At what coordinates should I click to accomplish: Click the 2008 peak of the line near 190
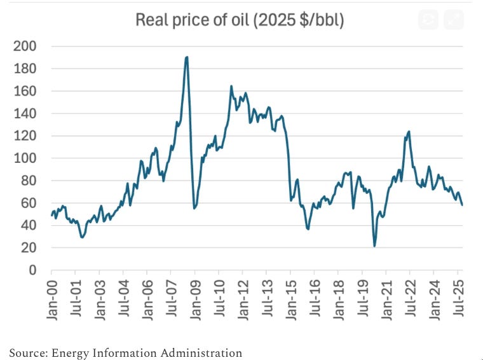(186, 57)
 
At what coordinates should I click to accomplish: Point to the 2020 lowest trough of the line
(375, 246)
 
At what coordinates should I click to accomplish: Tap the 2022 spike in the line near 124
(409, 132)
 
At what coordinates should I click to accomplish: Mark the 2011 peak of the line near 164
(231, 87)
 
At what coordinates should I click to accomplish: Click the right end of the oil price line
(462, 205)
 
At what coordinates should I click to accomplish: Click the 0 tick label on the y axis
(32, 270)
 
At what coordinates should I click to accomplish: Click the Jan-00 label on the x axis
(52, 299)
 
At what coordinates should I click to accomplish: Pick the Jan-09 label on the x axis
(195, 299)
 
